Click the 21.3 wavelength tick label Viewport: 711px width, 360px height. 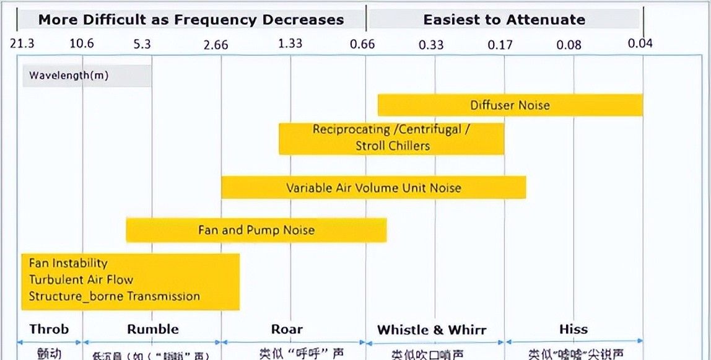(22, 43)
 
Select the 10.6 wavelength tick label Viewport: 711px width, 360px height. (82, 43)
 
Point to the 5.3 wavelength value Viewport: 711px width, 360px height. (142, 43)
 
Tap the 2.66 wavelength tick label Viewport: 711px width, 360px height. (216, 44)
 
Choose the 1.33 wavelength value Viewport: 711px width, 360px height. (290, 43)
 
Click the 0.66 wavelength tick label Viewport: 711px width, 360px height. (362, 44)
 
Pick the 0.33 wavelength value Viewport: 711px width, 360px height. (431, 44)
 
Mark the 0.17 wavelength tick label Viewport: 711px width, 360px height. (500, 44)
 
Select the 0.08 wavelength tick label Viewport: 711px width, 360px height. (569, 44)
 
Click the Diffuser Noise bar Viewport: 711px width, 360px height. (510, 105)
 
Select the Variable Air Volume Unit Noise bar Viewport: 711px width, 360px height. (373, 188)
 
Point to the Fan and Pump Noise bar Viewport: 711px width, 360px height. (256, 230)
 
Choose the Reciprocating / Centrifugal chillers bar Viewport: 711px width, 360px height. (391, 138)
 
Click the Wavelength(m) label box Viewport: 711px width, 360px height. (87, 76)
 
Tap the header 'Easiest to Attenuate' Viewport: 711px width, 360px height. (504, 19)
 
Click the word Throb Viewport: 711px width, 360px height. (49, 329)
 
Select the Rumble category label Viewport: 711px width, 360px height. (153, 329)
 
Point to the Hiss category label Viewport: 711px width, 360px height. (573, 329)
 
